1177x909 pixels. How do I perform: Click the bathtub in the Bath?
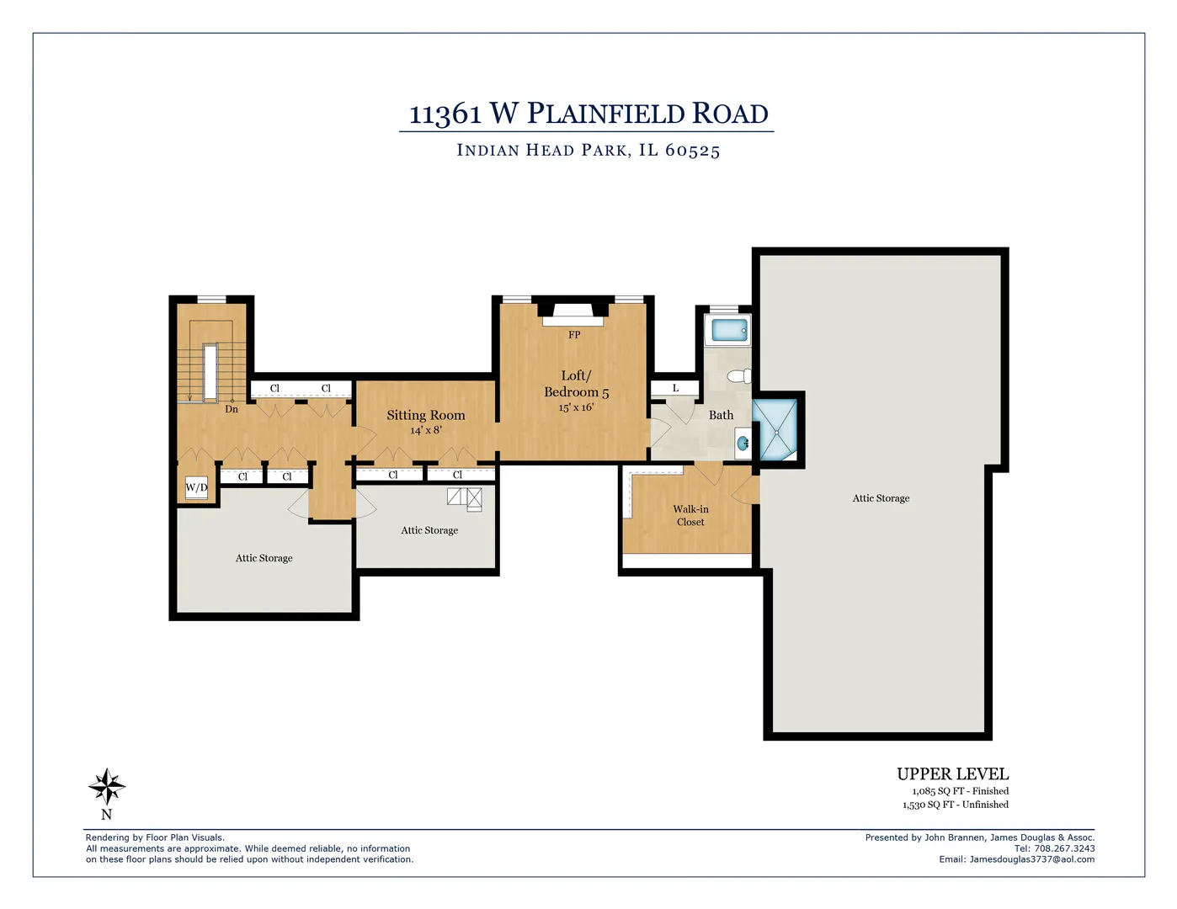[729, 330]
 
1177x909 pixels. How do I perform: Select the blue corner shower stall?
[774, 430]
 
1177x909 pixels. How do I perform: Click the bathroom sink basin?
[743, 443]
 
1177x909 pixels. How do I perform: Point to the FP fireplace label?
[574, 335]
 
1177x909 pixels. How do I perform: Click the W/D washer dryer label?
[196, 487]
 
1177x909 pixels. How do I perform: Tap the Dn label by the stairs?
[232, 409]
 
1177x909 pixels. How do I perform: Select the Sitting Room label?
[425, 415]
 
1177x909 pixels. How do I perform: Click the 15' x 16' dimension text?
[576, 407]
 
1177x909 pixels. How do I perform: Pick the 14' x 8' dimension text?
[425, 430]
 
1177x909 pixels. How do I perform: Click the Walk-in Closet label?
[690, 515]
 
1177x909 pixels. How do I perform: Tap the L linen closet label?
[675, 388]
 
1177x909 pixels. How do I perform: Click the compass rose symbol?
[107, 787]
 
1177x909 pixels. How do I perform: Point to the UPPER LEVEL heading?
[952, 774]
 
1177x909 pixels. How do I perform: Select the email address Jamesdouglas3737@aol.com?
[1031, 859]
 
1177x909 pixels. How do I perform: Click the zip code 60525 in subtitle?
[692, 151]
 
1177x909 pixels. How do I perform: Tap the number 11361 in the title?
[445, 114]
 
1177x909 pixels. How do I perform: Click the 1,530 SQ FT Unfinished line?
[955, 805]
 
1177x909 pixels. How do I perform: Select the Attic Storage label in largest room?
[881, 498]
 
